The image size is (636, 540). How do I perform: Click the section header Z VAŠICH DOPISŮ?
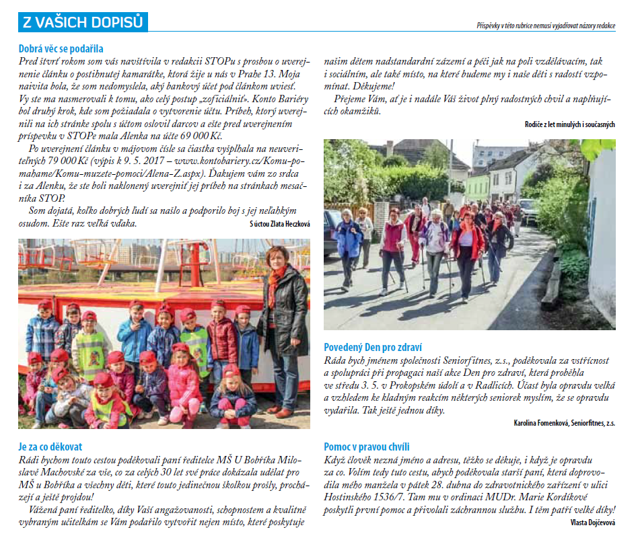point(83,22)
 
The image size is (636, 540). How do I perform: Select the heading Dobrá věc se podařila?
point(61,48)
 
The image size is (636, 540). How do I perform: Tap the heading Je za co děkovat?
point(51,447)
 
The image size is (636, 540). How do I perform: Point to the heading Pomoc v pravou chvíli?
point(367,447)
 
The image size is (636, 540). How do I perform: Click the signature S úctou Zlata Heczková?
point(279,224)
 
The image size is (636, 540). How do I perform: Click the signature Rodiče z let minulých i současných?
point(569,124)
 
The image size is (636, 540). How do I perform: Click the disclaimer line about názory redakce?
point(544,25)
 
